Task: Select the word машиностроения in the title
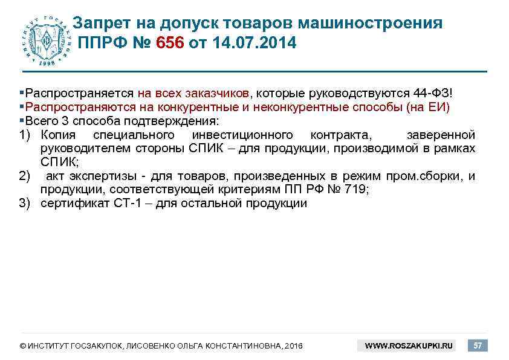point(374,23)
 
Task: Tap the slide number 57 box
point(478,346)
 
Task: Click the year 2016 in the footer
point(293,346)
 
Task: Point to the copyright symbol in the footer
point(22,346)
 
